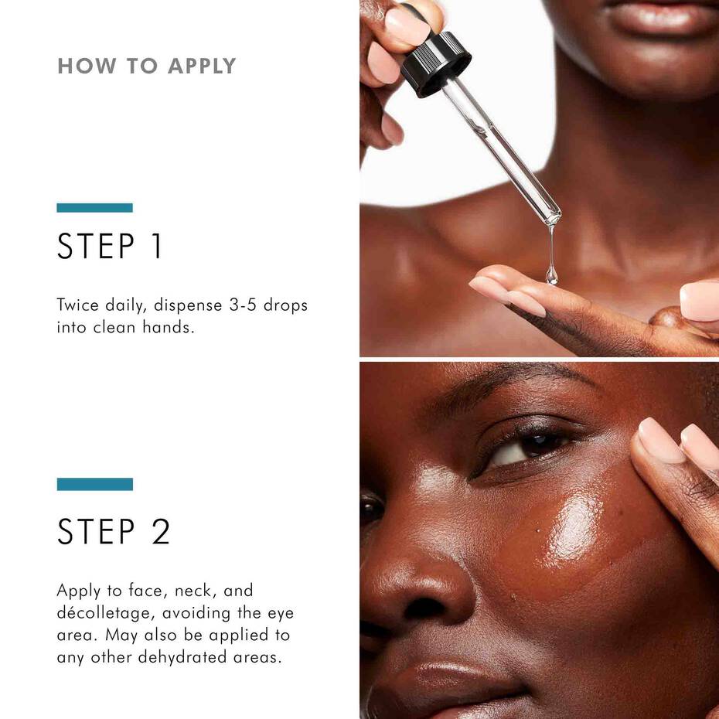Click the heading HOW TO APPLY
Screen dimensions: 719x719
(x=146, y=66)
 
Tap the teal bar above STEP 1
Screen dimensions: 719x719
(x=94, y=208)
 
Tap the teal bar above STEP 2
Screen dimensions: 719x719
(x=94, y=484)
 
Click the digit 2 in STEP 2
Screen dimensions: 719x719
(x=160, y=531)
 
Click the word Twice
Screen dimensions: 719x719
(x=77, y=305)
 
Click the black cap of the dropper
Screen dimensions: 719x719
(x=435, y=63)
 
